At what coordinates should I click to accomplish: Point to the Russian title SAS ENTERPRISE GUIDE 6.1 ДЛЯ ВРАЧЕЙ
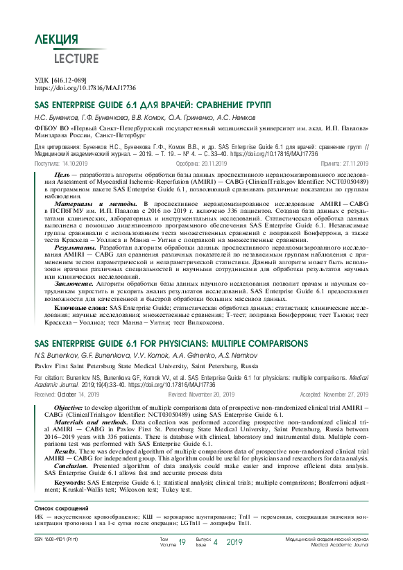pyautogui.click(x=153, y=105)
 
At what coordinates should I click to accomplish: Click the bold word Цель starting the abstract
pyautogui.click(x=62, y=173)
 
